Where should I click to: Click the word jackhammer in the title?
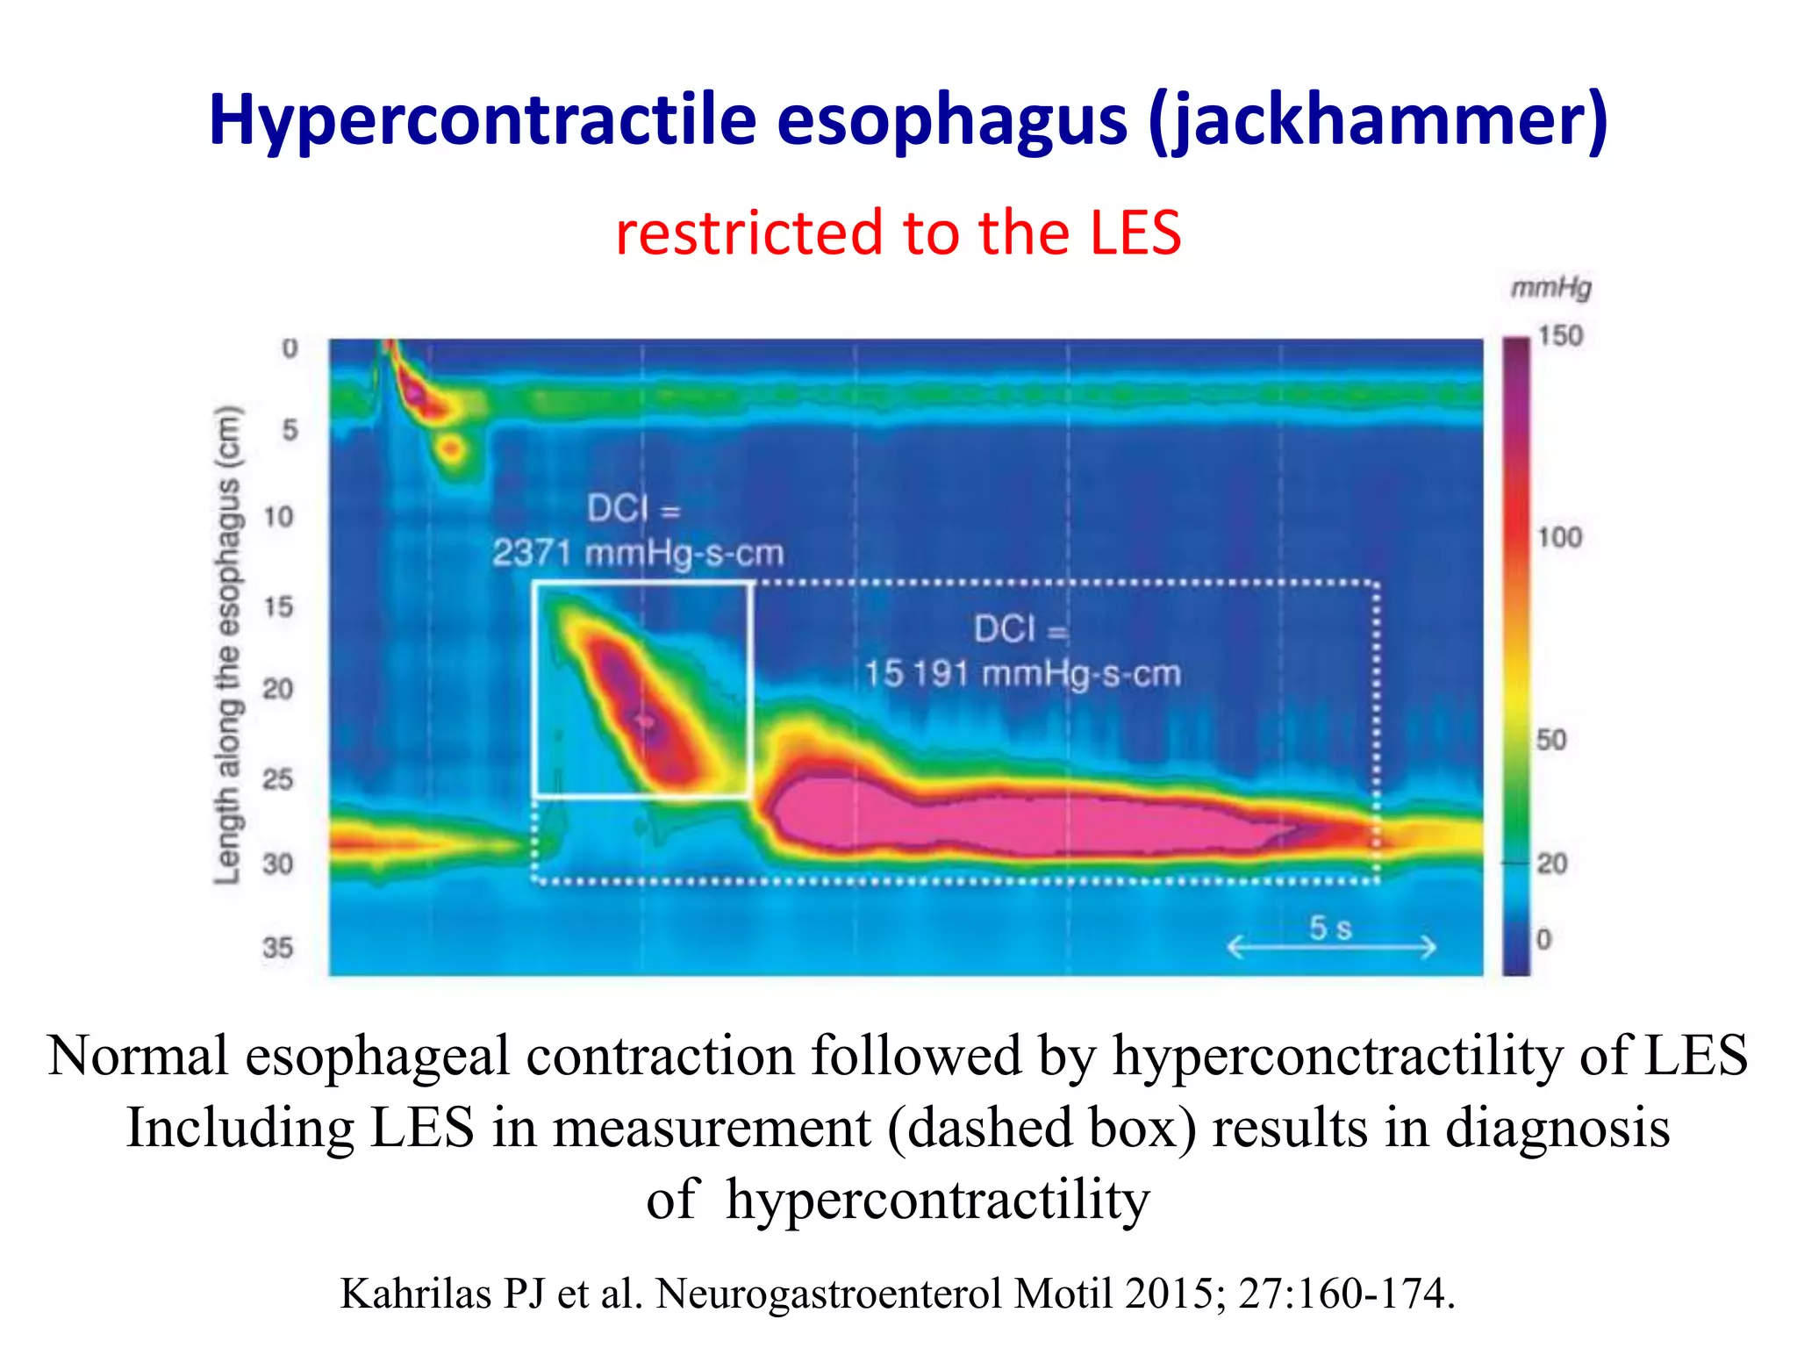pos(1378,121)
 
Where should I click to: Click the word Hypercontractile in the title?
pos(482,121)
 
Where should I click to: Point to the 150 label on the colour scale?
pos(1559,336)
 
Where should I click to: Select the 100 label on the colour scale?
pos(1559,537)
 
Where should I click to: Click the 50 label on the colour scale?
pos(1551,740)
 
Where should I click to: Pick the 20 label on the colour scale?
pos(1551,864)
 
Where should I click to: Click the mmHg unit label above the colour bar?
pos(1550,288)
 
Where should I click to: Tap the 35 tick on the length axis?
pos(277,948)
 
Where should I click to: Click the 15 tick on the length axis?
pos(278,606)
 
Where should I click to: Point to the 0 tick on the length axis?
pos(290,348)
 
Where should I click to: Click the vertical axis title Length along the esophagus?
pos(227,645)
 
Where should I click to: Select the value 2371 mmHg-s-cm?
pos(637,554)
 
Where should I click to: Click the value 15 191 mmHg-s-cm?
pos(1022,674)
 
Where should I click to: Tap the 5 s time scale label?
pos(1330,928)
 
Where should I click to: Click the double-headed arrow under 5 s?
pos(1330,948)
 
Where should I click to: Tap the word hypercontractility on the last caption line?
pos(937,1200)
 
